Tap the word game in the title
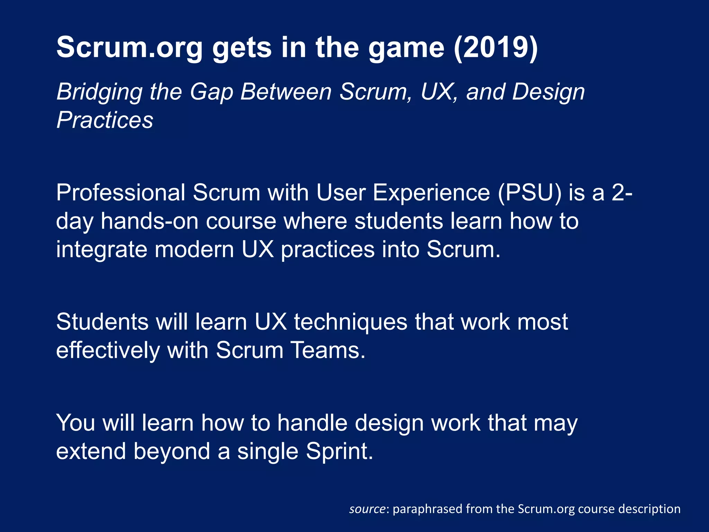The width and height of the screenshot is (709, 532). (406, 48)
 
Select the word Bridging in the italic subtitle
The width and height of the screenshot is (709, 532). (99, 92)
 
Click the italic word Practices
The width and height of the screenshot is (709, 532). (105, 120)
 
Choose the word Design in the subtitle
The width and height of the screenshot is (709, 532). (548, 92)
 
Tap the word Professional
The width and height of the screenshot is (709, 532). (121, 193)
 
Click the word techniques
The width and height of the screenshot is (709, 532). (351, 322)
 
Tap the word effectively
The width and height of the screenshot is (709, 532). (108, 350)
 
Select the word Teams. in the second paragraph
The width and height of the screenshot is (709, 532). (327, 350)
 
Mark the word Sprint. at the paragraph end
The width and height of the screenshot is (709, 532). (340, 452)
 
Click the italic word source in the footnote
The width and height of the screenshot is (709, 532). (367, 509)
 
